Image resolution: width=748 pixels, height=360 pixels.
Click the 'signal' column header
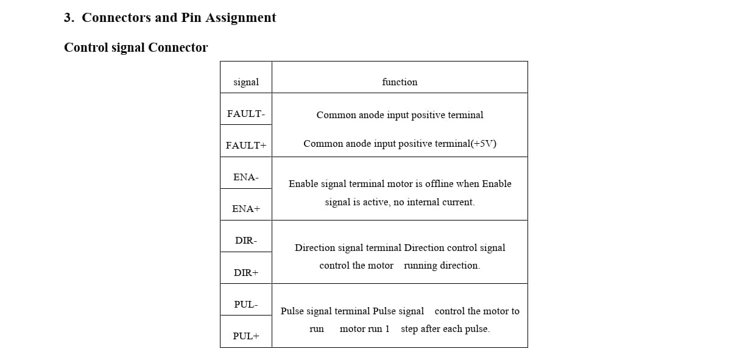point(245,82)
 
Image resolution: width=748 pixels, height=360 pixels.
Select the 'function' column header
point(400,82)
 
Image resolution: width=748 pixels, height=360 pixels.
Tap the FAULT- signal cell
point(245,114)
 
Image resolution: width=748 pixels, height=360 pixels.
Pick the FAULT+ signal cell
point(245,146)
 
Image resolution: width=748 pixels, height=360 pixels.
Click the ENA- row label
point(245,177)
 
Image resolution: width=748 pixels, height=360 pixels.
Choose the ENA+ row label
point(245,209)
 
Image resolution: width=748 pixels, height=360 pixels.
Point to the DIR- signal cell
point(245,241)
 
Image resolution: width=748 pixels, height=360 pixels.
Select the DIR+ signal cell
point(245,273)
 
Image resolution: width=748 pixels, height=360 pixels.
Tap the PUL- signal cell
point(245,305)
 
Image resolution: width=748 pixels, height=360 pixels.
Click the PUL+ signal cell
point(245,336)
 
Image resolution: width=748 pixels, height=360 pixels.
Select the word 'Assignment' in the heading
point(241,18)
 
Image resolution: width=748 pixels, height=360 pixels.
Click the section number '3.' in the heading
point(69,18)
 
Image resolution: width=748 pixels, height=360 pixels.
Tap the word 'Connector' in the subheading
point(178,48)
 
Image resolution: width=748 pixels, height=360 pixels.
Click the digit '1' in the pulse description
point(387,329)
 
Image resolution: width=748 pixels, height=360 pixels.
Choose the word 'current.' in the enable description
point(459,202)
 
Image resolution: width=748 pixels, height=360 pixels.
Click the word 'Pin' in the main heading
point(191,18)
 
